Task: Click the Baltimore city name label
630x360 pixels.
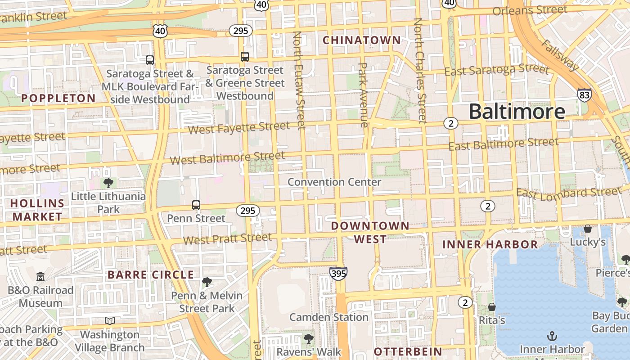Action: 517,111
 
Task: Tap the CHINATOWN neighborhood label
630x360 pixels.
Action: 362,40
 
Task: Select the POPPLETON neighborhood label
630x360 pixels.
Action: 58,98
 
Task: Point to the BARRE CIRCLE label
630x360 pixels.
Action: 151,274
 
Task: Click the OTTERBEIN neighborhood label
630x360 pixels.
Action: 408,351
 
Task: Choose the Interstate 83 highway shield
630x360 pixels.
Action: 584,95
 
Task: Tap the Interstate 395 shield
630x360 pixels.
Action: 338,273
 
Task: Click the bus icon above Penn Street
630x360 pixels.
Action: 196,205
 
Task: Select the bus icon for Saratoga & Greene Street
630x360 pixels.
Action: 245,57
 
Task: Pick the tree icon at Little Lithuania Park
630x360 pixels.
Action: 108,183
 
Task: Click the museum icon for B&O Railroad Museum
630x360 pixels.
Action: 40,276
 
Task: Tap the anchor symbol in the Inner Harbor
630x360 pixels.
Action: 552,336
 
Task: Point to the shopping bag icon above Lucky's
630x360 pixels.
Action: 587,229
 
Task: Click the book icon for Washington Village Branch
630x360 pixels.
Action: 110,321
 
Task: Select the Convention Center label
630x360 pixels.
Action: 334,182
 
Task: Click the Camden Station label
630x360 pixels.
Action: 328,317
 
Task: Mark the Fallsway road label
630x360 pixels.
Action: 561,55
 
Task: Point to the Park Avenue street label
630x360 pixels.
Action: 363,94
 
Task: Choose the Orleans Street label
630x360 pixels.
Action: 530,10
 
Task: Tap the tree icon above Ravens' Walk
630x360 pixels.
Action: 308,338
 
